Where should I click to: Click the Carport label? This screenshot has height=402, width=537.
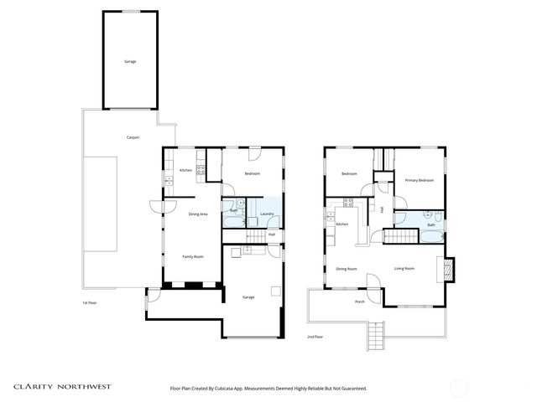132,137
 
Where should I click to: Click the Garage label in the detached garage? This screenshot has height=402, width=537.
130,61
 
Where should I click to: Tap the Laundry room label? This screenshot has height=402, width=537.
268,214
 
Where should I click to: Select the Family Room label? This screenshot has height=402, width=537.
193,256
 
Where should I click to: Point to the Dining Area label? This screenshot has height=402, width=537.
198,214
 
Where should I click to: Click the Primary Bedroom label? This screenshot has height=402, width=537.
419,180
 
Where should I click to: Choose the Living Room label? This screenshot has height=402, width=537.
404,269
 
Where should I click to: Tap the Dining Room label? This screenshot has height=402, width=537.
347,269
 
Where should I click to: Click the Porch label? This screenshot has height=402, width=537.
359,301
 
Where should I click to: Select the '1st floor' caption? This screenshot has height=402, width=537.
90,302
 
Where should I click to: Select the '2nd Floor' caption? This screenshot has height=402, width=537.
315,337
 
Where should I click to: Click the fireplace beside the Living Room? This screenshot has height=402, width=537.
448,269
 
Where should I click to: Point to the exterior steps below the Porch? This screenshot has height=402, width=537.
375,338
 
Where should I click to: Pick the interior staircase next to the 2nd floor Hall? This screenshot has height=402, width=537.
399,236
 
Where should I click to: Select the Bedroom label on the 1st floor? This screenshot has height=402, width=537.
252,173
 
